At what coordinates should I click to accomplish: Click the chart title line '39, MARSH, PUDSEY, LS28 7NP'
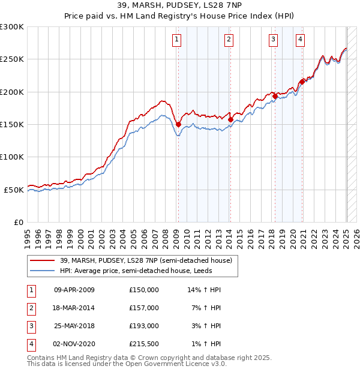179,5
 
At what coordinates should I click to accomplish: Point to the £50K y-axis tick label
14,190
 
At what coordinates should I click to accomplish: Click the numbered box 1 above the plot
178,40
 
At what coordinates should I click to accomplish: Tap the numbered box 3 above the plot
273,40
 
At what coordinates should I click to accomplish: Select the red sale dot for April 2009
178,124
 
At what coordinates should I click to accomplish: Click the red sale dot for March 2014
230,119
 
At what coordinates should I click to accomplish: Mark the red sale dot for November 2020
302,82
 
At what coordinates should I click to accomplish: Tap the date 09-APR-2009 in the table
74,290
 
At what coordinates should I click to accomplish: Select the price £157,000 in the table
144,308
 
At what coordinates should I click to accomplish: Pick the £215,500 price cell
144,344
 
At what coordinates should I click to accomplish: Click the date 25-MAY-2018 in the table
74,326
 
